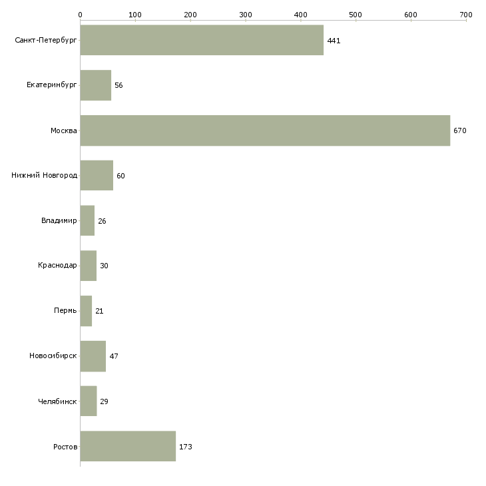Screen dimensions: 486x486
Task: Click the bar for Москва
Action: pyautogui.click(x=265, y=130)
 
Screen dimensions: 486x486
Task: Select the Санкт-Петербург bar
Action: pyautogui.click(x=202, y=40)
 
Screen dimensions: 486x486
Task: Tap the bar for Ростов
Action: pyautogui.click(x=128, y=446)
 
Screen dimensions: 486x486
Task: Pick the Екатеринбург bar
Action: pyautogui.click(x=95, y=85)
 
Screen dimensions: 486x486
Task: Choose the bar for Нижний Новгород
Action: pyautogui.click(x=97, y=176)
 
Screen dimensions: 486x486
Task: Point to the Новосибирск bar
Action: pyautogui.click(x=93, y=356)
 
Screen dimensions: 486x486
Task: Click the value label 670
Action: pyautogui.click(x=460, y=130)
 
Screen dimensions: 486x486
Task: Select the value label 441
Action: pyautogui.click(x=334, y=41)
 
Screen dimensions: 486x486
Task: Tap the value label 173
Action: pyautogui.click(x=186, y=447)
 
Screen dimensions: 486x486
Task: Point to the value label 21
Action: pyautogui.click(x=99, y=311)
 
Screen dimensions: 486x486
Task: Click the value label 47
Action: pyautogui.click(x=114, y=356)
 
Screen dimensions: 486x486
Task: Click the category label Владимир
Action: pyautogui.click(x=59, y=221)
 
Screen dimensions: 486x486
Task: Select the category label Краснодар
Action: pyautogui.click(x=57, y=266)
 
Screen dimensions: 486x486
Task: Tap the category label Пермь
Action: pyautogui.click(x=65, y=311)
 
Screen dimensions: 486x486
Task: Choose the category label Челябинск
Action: pyautogui.click(x=57, y=401)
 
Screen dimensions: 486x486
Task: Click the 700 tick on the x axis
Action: pyautogui.click(x=466, y=14)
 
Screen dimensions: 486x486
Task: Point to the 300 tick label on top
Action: pyautogui.click(x=245, y=14)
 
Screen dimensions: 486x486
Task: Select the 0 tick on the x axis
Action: pyautogui.click(x=80, y=14)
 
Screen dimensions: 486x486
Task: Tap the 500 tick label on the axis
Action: pyautogui.click(x=356, y=14)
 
